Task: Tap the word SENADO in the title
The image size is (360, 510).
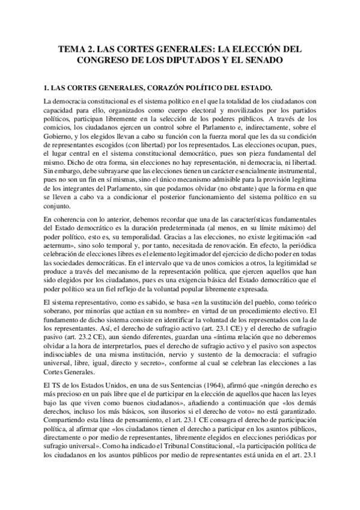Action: click(x=263, y=61)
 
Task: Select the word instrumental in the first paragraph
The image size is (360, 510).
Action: click(x=294, y=171)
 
